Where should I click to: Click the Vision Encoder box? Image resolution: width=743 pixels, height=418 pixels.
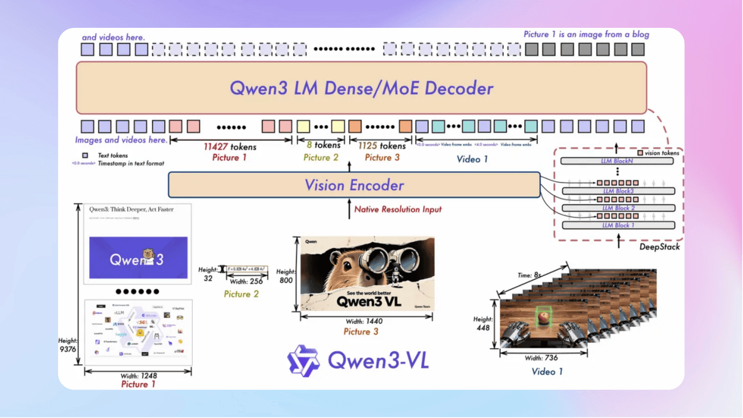pyautogui.click(x=354, y=185)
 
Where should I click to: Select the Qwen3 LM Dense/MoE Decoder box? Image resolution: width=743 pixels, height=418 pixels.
pyautogui.click(x=361, y=88)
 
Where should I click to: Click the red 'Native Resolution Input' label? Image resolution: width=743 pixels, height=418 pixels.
pyautogui.click(x=398, y=209)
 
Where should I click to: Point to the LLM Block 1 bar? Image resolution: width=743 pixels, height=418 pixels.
pyautogui.click(x=618, y=225)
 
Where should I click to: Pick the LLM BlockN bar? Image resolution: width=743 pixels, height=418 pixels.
pyautogui.click(x=616, y=160)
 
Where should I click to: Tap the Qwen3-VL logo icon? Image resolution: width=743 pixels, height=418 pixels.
pyautogui.click(x=304, y=361)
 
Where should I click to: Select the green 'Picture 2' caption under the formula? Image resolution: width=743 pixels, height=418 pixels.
pyautogui.click(x=241, y=294)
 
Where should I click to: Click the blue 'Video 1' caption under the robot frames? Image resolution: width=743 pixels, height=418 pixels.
pyautogui.click(x=547, y=372)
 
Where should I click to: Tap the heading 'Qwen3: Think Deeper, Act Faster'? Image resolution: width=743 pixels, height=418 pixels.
pyautogui.click(x=131, y=209)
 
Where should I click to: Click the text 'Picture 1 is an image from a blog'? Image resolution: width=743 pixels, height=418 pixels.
pyautogui.click(x=586, y=34)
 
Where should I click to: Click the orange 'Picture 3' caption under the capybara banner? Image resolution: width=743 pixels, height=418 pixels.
pyautogui.click(x=360, y=331)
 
